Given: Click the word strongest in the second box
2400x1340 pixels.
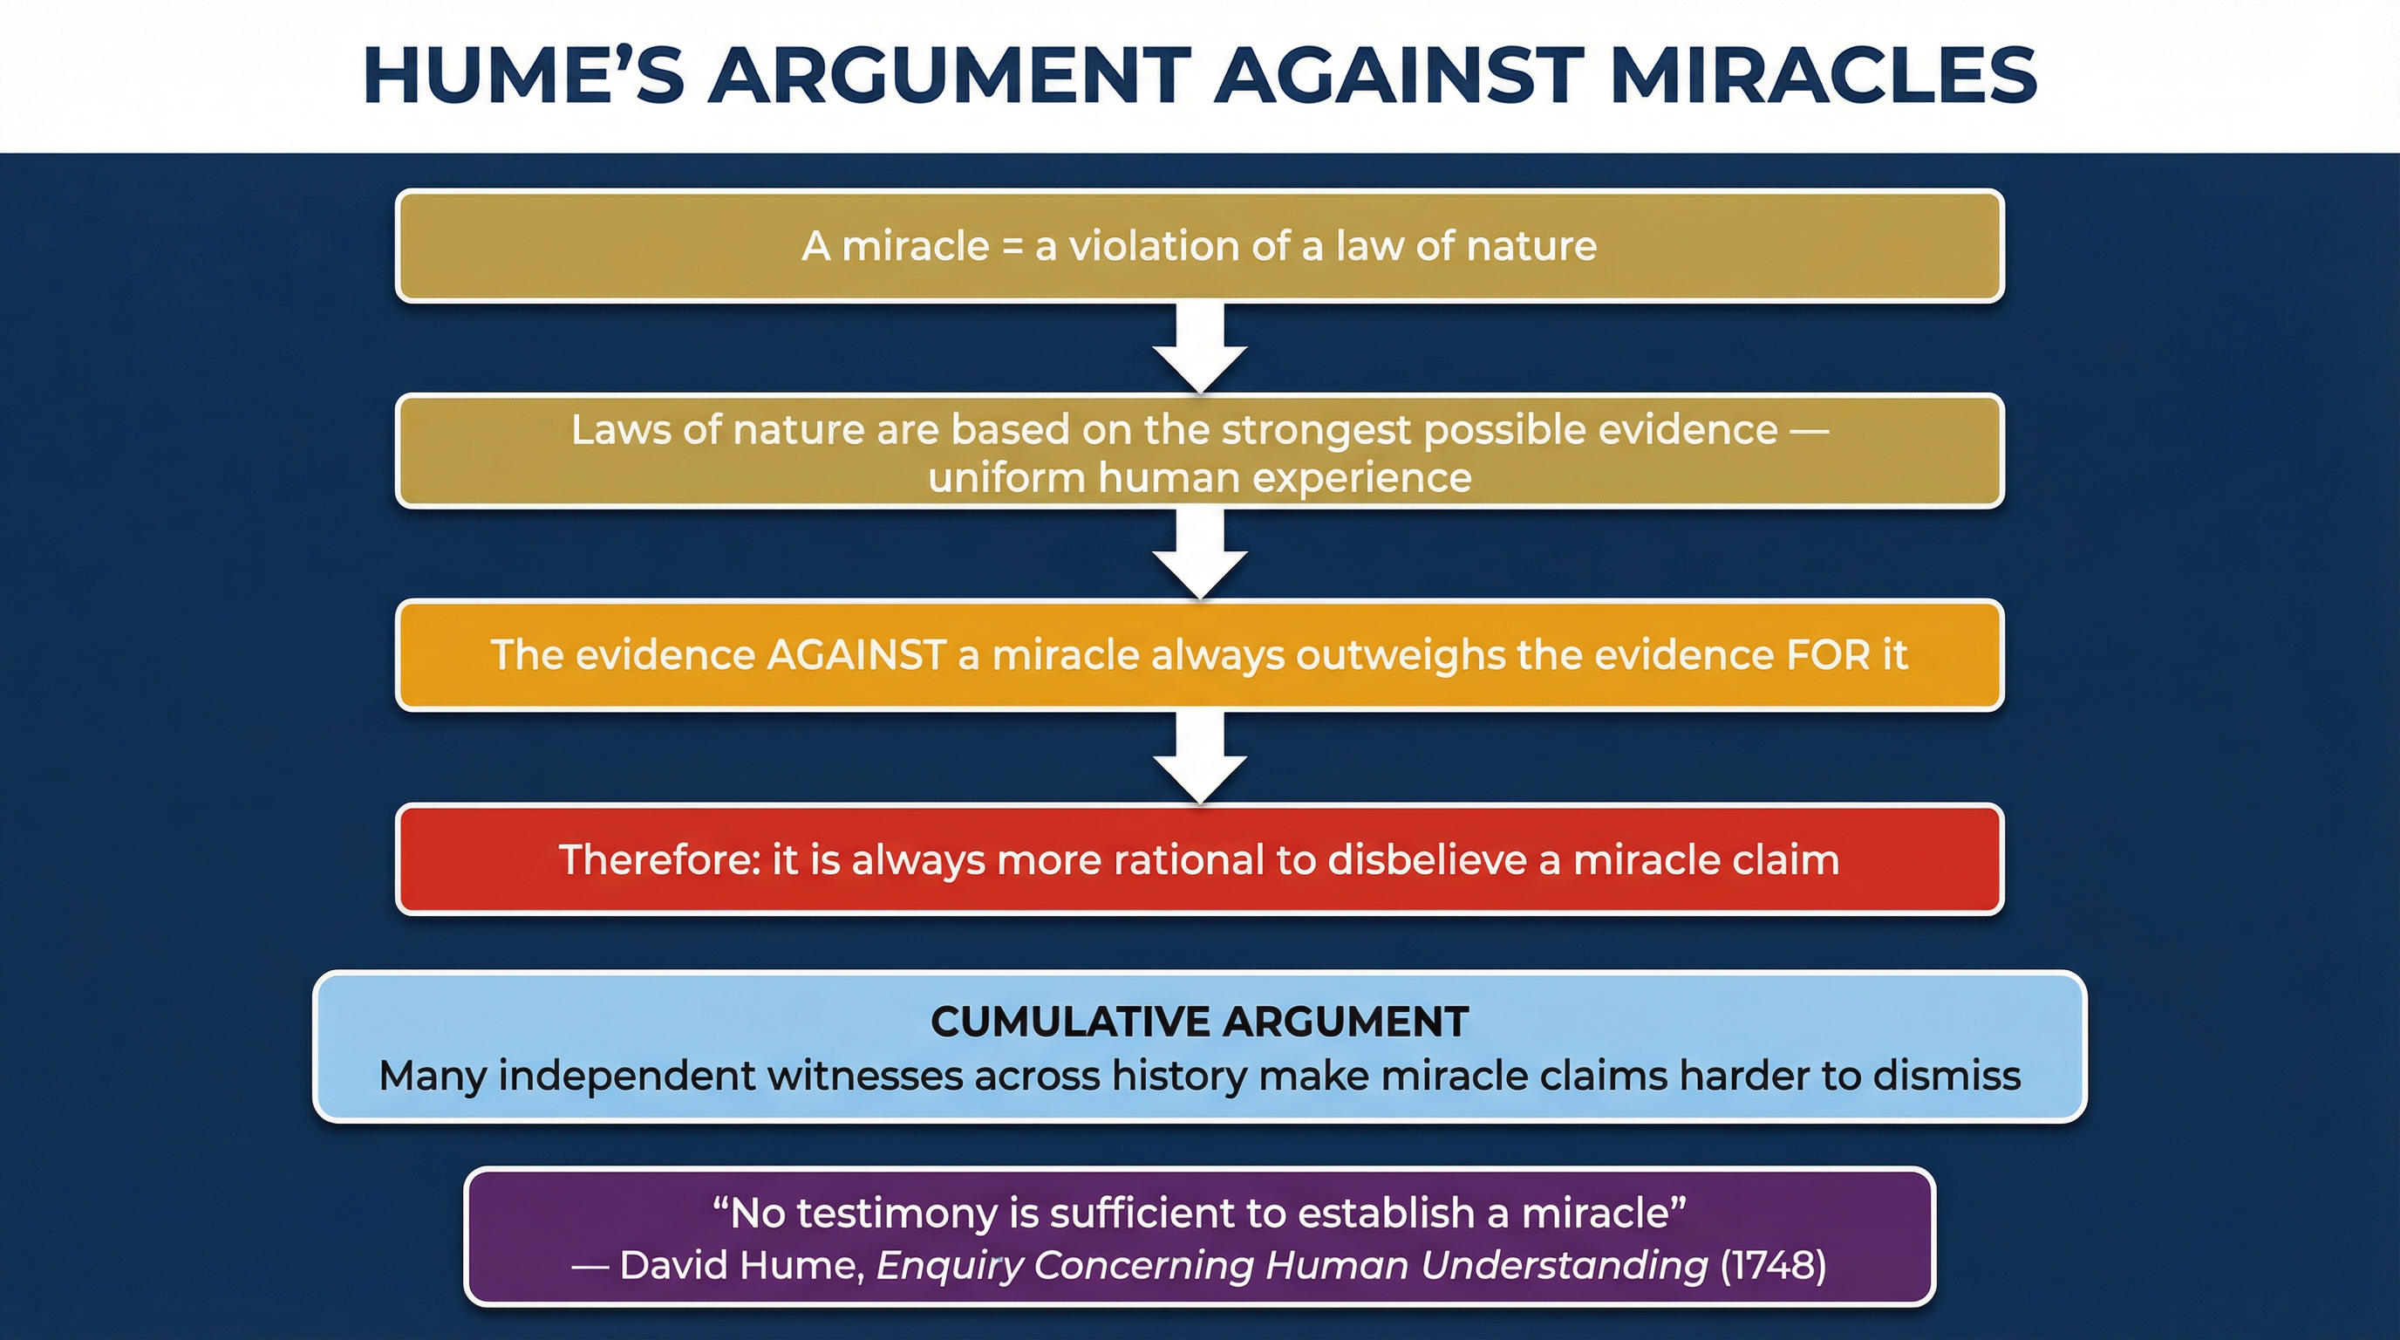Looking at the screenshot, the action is pos(1314,429).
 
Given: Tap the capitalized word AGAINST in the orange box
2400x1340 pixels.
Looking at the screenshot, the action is pos(856,655).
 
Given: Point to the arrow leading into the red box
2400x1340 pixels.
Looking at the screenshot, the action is pos(1200,757).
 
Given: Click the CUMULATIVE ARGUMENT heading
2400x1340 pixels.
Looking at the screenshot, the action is pos(1200,1022).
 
